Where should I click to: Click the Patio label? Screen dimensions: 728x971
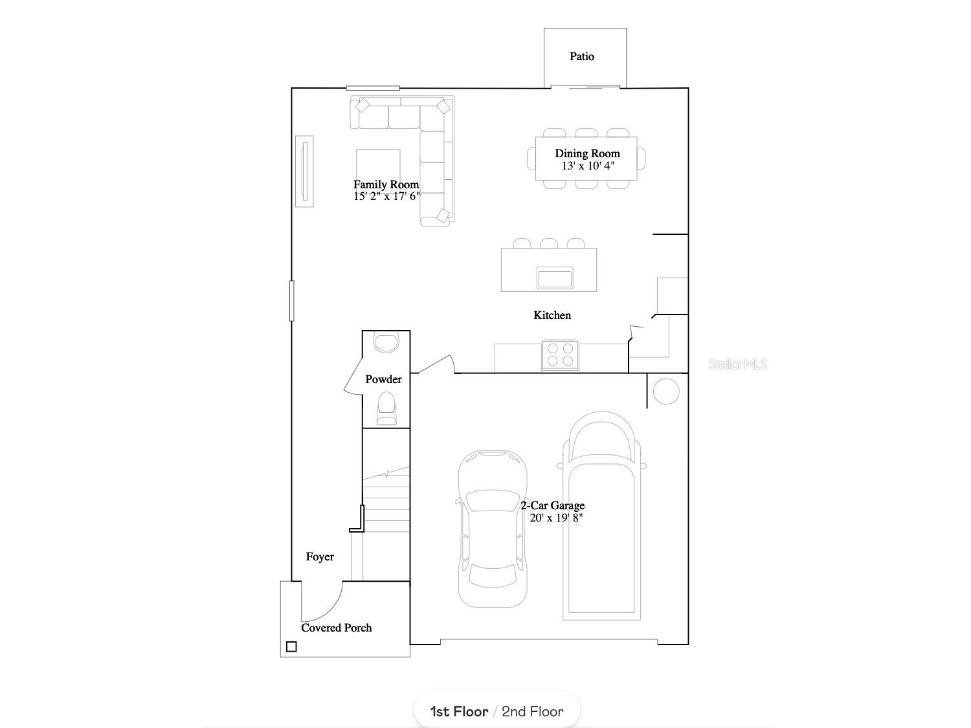pyautogui.click(x=581, y=56)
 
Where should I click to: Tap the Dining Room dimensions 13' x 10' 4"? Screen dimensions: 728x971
pyautogui.click(x=588, y=166)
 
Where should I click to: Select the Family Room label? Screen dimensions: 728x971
pyautogui.click(x=386, y=184)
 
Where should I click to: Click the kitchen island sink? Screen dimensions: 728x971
pyautogui.click(x=555, y=278)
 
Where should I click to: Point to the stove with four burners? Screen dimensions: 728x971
pyautogui.click(x=560, y=355)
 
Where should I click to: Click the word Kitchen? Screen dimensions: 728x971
pyautogui.click(x=552, y=315)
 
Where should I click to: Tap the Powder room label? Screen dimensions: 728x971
pyautogui.click(x=383, y=379)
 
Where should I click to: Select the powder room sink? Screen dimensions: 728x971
pyautogui.click(x=386, y=342)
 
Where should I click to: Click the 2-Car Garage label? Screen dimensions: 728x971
pyautogui.click(x=552, y=505)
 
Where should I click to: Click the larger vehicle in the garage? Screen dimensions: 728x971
pyautogui.click(x=601, y=518)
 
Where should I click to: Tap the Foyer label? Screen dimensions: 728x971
pyautogui.click(x=320, y=557)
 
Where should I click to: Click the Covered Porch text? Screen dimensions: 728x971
pyautogui.click(x=336, y=628)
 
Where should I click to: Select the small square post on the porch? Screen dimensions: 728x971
pyautogui.click(x=291, y=646)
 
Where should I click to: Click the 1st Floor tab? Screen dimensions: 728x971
pyautogui.click(x=459, y=712)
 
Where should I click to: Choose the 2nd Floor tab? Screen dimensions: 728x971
pyautogui.click(x=532, y=712)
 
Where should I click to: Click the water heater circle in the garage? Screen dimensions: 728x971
pyautogui.click(x=665, y=392)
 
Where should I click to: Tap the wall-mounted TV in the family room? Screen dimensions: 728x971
pyautogui.click(x=304, y=171)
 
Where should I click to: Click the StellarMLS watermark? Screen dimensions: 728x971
pyautogui.click(x=737, y=364)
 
